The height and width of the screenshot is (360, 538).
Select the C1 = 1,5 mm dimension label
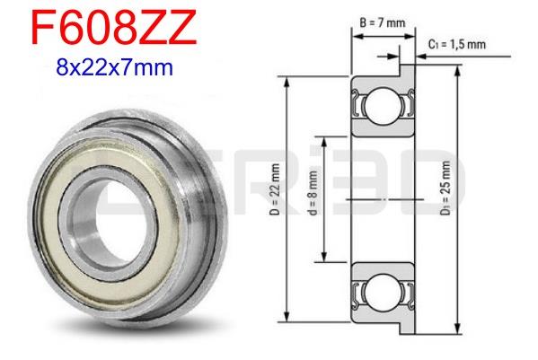[457, 43]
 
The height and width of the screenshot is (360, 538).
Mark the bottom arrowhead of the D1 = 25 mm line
[459, 329]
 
